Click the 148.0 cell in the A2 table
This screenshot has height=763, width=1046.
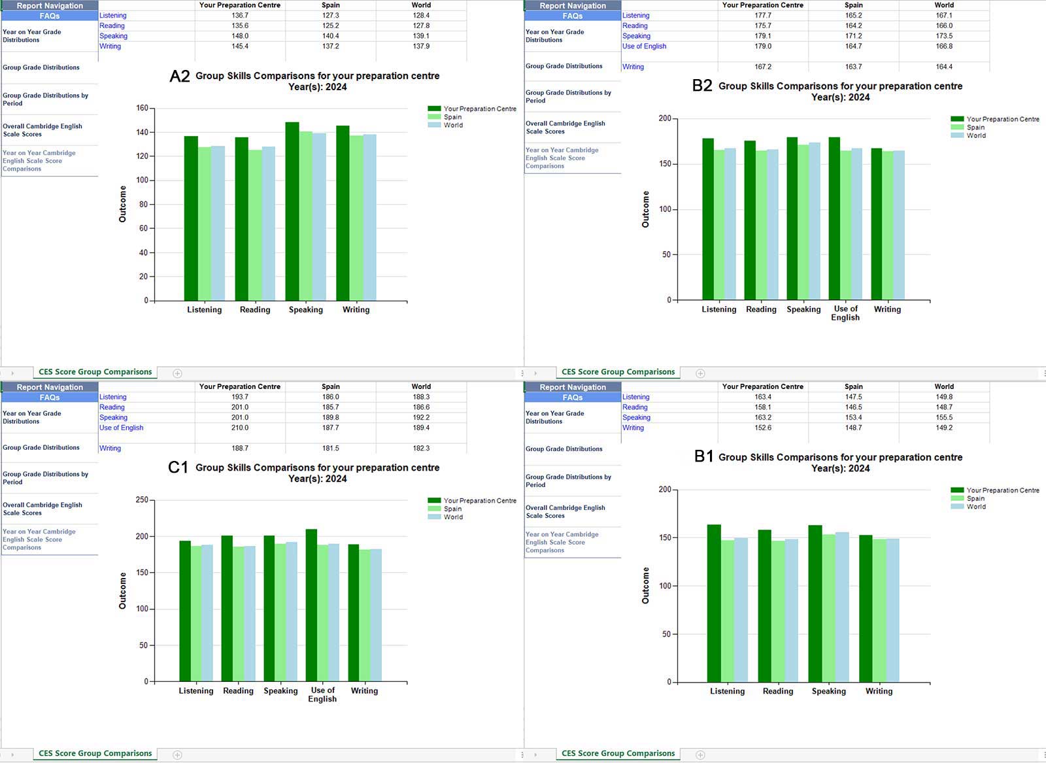click(240, 36)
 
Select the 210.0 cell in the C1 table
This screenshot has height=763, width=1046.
click(240, 428)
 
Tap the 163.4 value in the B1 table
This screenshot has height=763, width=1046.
click(763, 397)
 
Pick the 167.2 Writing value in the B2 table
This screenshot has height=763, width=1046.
click(763, 67)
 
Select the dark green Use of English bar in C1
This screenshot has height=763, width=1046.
click(311, 605)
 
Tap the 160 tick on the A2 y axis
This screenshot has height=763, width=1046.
click(142, 109)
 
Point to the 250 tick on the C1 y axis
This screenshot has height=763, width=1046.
click(142, 500)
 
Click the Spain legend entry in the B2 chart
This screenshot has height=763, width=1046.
click(975, 127)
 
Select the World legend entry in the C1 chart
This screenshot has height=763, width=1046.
click(453, 517)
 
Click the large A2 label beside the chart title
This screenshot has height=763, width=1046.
click(180, 76)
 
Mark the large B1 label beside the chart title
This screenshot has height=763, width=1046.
click(703, 456)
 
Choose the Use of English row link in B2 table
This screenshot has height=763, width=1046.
click(644, 46)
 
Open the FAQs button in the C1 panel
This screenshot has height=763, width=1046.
click(50, 398)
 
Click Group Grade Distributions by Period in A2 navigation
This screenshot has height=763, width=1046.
click(45, 99)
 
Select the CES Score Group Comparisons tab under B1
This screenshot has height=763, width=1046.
click(618, 753)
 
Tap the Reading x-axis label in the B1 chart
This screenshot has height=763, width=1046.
click(777, 691)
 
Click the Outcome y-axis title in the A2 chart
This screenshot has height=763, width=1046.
click(122, 204)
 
